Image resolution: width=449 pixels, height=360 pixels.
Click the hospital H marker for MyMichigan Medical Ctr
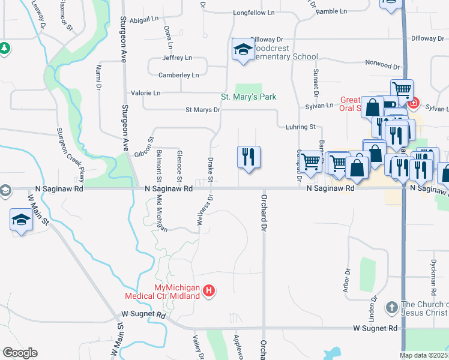[209, 291]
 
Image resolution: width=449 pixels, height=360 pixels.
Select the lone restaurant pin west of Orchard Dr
[249, 157]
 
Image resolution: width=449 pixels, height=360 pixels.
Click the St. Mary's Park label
[249, 97]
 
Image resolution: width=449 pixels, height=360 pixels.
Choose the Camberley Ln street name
[178, 75]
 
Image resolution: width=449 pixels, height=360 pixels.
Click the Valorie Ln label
[146, 93]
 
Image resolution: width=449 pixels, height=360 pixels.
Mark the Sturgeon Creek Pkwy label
[70, 155]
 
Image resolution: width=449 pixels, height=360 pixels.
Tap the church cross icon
[391, 307]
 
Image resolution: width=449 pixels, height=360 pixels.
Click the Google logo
[20, 353]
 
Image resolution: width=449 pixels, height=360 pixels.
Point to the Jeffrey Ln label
[176, 58]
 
